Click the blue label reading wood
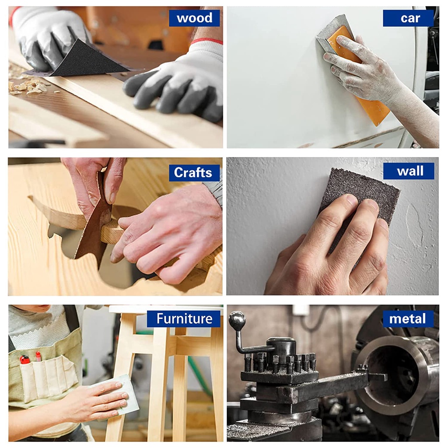click(x=194, y=18)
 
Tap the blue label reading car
click(x=408, y=18)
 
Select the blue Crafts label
click(x=194, y=172)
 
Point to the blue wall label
click(x=409, y=171)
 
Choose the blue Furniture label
click(x=184, y=318)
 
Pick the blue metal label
click(x=408, y=318)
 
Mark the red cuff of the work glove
click(x=206, y=41)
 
